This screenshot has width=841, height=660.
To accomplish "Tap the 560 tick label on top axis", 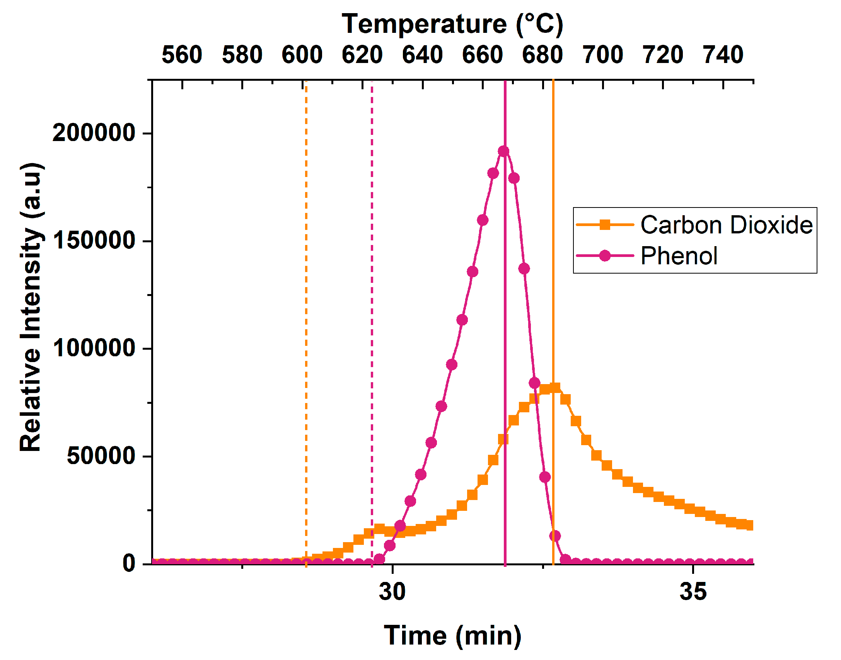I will coord(182,54).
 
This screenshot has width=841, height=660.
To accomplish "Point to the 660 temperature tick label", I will coord(482,54).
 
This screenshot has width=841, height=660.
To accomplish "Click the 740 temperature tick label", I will coord(723,54).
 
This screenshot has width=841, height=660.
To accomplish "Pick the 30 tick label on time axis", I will coord(392,591).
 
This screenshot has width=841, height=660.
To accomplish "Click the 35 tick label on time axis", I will coord(693,591).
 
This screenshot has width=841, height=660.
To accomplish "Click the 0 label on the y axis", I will coord(129,563).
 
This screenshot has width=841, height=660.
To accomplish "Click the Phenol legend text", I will coord(679,256).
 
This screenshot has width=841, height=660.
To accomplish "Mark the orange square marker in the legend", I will coord(605,225).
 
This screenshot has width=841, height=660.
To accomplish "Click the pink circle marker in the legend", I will coord(605,256).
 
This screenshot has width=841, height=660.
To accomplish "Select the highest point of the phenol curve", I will coord(503,151).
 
